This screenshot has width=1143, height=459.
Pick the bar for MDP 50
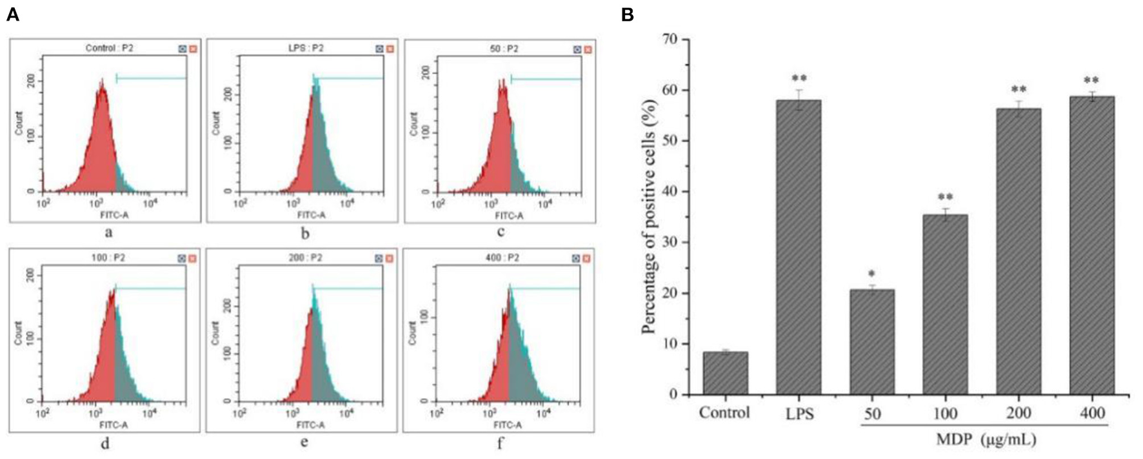872,342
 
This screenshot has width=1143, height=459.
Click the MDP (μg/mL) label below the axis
986,440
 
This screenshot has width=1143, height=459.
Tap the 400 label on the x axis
1091,413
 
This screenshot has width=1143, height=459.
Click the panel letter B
627,14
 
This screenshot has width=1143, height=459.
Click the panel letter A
12,14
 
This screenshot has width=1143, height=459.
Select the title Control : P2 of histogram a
110,48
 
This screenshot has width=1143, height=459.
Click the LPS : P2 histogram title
306,48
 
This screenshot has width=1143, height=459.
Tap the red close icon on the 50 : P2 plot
588,49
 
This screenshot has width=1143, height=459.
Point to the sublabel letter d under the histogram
104,443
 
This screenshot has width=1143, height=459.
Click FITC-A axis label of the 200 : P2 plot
310,425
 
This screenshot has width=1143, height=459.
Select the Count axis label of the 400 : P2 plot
413,332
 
